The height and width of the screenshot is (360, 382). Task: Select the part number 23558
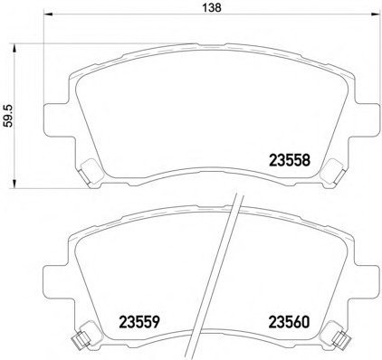pos(290,160)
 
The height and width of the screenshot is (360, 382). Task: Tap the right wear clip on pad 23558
pos(334,168)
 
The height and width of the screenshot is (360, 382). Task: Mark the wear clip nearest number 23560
pos(341,339)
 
